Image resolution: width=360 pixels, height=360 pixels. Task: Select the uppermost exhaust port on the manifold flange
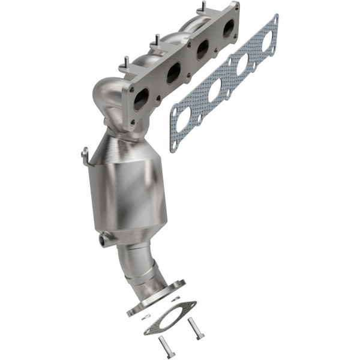tap(228, 28)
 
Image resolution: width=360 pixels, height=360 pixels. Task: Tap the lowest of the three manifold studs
tap(126, 62)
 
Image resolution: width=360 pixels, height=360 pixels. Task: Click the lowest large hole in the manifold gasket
tap(184, 118)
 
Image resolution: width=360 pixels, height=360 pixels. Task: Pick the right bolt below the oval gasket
tap(196, 329)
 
